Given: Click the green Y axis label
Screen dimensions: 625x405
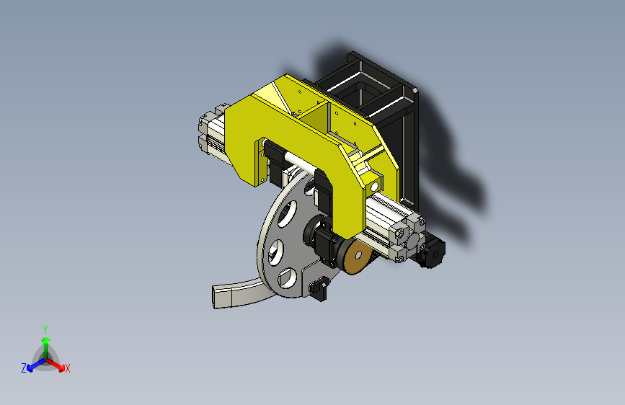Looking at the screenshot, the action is coord(45,329).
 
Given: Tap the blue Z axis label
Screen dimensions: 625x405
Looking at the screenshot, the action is coord(24,368).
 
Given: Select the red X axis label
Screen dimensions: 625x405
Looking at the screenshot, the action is coord(67,368).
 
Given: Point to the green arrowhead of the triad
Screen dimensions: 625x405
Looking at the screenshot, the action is coord(46,340).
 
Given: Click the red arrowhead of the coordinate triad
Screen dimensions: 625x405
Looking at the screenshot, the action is coord(61,368).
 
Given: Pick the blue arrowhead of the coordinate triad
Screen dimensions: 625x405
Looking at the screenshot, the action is coord(30,368).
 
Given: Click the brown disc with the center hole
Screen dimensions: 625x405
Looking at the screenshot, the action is coord(356,257).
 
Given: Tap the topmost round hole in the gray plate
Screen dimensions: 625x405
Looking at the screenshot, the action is coord(288,214).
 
